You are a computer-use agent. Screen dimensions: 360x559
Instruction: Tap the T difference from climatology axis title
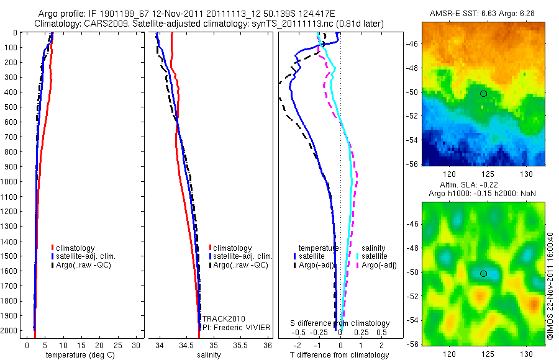[x=339, y=355]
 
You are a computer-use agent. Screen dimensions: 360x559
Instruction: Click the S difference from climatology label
[x=340, y=323]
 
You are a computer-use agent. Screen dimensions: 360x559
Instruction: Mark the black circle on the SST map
[x=483, y=94]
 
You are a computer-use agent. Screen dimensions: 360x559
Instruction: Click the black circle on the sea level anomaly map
[x=483, y=273]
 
